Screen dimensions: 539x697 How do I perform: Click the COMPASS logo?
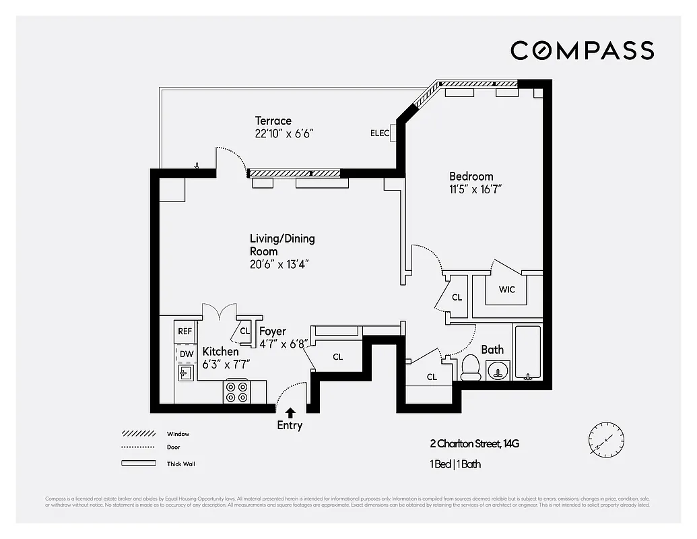click(582, 51)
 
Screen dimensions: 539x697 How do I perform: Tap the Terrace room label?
click(273, 121)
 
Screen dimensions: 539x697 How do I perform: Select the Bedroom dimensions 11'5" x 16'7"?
click(475, 189)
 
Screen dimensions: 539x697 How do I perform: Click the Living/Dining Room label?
click(282, 245)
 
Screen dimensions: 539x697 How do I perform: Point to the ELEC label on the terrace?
click(380, 133)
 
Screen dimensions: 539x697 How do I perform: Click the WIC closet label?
click(507, 290)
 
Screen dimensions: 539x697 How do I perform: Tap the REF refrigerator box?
click(185, 331)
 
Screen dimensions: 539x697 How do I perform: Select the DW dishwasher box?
click(185, 353)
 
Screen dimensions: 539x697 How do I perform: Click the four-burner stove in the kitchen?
click(237, 392)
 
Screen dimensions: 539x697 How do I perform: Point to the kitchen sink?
click(184, 372)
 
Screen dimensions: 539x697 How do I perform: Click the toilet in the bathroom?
click(469, 368)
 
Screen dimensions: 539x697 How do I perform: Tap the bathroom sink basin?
click(498, 370)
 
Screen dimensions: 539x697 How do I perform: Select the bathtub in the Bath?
click(527, 352)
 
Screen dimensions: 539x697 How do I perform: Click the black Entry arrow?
click(290, 412)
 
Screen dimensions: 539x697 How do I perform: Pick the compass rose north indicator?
click(603, 439)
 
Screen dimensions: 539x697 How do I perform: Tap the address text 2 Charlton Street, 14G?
click(474, 443)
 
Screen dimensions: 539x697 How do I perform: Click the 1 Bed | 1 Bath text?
click(455, 464)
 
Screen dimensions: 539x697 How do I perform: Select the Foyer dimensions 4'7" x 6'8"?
click(284, 344)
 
